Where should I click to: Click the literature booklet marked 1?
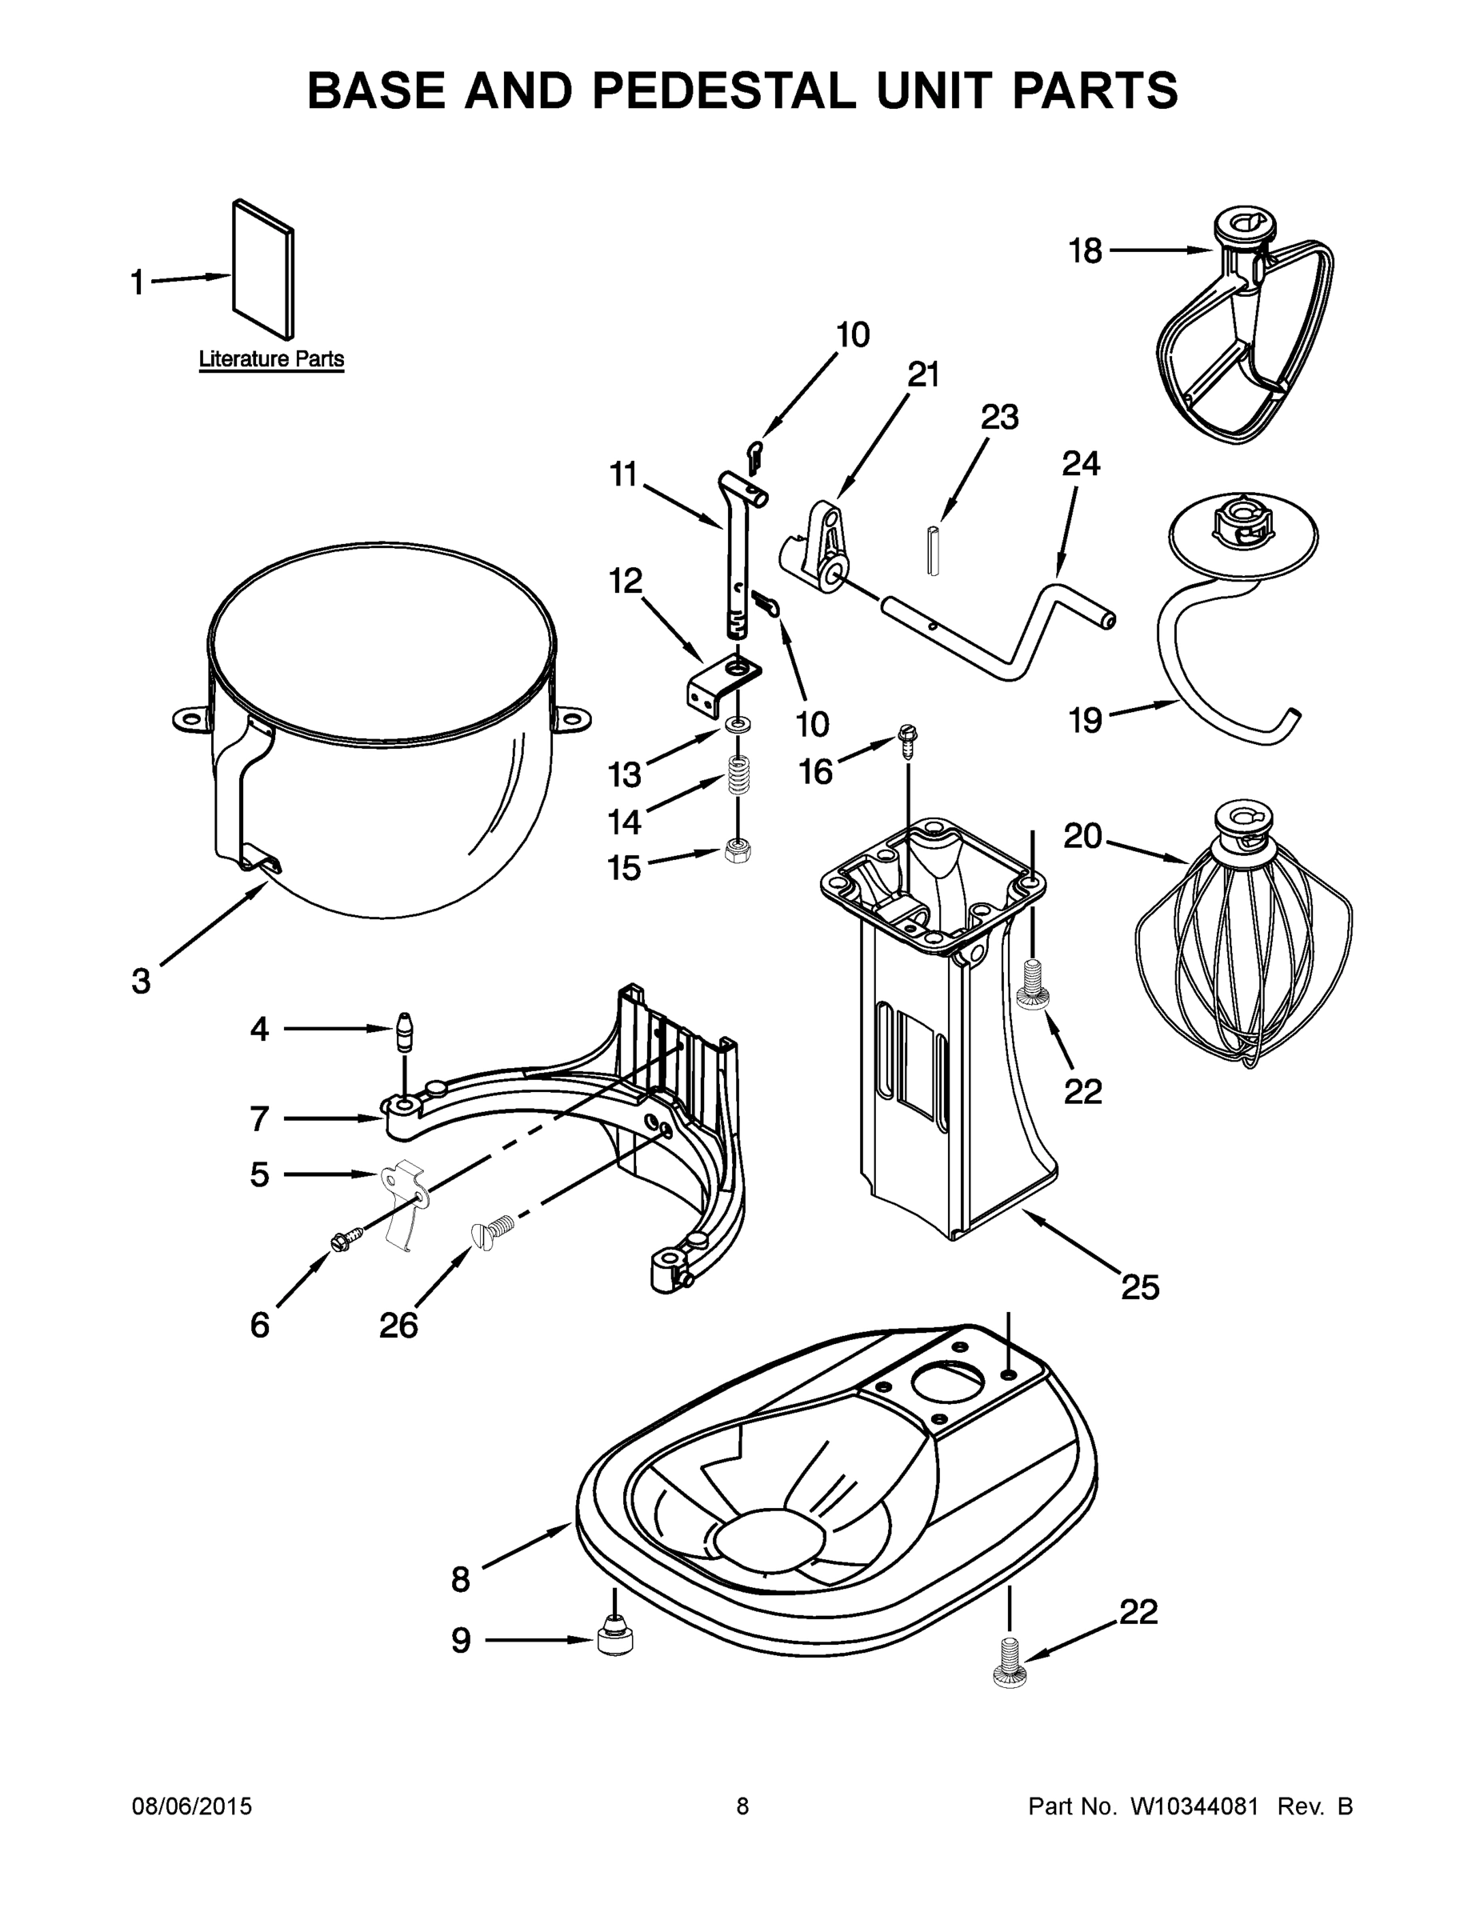click(263, 268)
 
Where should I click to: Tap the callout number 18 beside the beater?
click(1085, 251)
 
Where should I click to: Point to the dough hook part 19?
click(1231, 633)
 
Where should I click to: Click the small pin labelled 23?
click(934, 550)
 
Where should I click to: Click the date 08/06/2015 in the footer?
click(192, 1806)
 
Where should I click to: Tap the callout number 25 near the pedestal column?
click(1139, 1287)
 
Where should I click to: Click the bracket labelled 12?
click(721, 682)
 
